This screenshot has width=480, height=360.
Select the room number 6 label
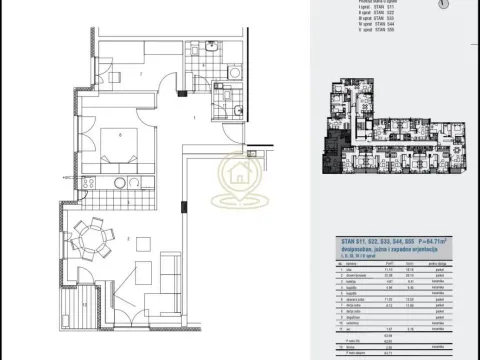coord(120,132)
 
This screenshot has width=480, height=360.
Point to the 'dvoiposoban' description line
coord(379,250)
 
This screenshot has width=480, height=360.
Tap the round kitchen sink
coord(120,183)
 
